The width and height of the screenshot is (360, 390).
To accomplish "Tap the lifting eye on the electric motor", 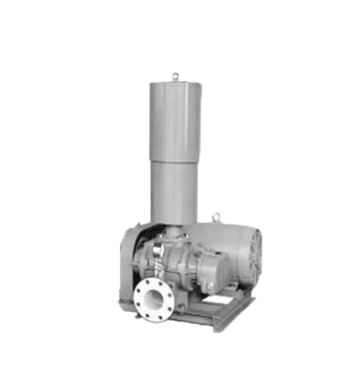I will pos(217,217).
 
